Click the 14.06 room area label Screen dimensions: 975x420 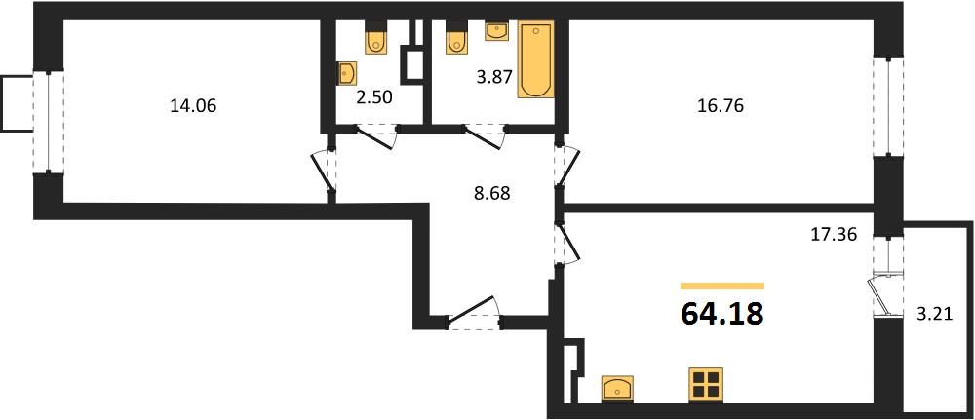(x=193, y=107)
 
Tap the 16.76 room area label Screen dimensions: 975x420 (x=721, y=106)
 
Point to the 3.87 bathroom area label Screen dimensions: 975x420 (x=493, y=78)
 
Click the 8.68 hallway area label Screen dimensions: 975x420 (x=491, y=194)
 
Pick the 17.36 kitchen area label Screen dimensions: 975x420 (x=836, y=234)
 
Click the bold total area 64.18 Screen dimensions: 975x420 (x=722, y=314)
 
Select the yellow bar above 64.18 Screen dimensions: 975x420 (x=722, y=286)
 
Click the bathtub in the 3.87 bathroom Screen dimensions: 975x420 (x=536, y=59)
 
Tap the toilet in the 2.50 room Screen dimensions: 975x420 (x=375, y=38)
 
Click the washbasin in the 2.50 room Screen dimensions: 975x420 (x=346, y=73)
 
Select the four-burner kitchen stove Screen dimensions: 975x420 (x=706, y=384)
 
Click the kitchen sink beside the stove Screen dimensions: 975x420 (x=617, y=388)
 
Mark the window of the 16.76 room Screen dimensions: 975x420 (x=888, y=107)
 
